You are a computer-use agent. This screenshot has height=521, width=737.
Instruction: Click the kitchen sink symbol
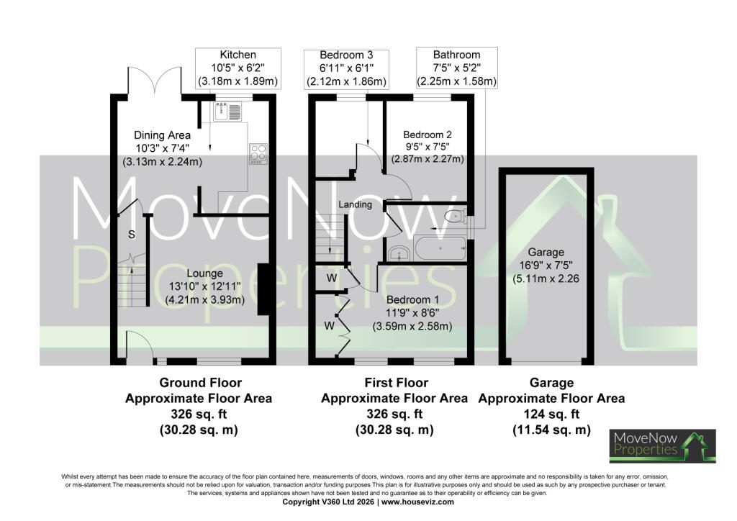click(227, 112)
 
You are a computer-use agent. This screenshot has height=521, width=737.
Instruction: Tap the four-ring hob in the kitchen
click(258, 153)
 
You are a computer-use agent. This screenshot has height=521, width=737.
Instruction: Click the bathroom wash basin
click(400, 254)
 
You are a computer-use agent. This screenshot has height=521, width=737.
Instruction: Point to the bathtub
click(440, 248)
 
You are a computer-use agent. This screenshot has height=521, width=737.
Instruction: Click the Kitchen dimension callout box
click(238, 68)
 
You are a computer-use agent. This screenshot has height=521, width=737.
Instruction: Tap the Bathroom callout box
click(457, 68)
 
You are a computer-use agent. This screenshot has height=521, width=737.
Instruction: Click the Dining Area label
click(162, 135)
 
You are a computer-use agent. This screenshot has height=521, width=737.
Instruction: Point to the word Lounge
click(205, 273)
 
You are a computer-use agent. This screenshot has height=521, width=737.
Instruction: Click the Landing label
click(356, 204)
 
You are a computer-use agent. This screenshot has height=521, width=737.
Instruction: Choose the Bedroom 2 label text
click(428, 135)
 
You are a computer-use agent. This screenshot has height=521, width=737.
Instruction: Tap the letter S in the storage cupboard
click(132, 235)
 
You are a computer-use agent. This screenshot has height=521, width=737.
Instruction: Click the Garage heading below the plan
click(551, 383)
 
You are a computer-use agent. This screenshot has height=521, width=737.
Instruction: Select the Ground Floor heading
click(201, 383)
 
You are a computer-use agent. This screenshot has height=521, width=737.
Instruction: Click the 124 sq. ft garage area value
click(551, 414)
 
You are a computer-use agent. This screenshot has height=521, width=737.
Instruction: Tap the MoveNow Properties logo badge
click(663, 446)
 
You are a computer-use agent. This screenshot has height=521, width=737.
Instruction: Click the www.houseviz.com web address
click(417, 502)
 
